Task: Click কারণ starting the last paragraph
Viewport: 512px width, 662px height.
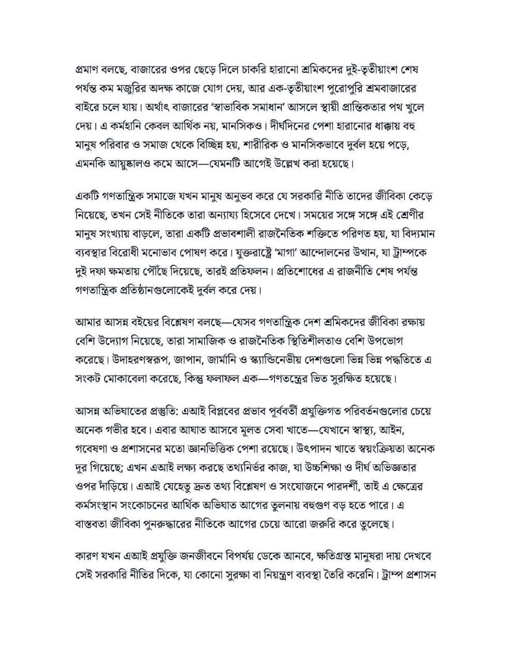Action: [87, 559]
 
